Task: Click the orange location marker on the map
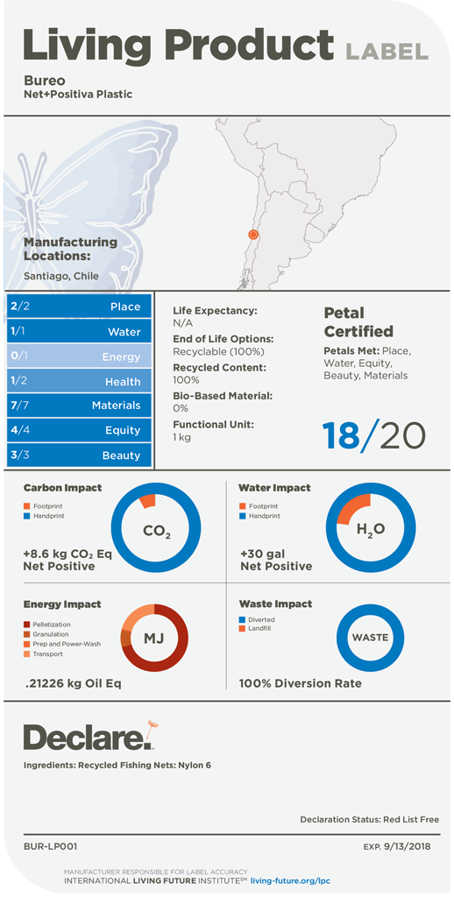253,235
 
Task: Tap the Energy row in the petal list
79,357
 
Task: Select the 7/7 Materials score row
79,406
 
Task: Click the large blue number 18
341,436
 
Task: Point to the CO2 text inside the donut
156,532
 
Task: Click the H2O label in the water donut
371,530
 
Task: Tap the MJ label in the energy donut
154,639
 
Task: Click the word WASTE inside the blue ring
370,637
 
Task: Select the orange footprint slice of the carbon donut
148,500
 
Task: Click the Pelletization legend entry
51,624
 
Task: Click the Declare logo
89,736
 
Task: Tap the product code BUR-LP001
50,845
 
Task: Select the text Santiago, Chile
60,276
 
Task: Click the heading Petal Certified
358,322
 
